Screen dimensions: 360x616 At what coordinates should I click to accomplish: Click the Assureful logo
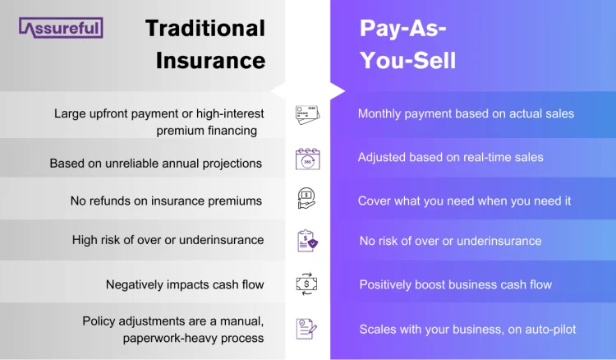(x=60, y=29)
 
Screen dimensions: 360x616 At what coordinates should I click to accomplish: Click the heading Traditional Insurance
(x=205, y=44)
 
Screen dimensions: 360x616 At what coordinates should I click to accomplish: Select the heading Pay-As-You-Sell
(x=408, y=44)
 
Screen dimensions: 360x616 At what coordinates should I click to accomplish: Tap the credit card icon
(x=307, y=115)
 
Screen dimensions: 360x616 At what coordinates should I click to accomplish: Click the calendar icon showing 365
(x=307, y=158)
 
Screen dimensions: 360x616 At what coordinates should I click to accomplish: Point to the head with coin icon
(x=307, y=200)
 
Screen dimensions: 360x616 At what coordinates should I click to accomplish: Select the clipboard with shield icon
(x=307, y=241)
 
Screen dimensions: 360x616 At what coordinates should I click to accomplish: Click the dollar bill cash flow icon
(x=307, y=284)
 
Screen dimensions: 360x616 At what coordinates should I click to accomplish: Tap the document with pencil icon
(x=307, y=329)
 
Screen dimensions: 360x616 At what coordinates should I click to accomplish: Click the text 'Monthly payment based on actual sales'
(x=466, y=113)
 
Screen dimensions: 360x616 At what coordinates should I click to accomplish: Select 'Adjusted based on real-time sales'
(x=450, y=157)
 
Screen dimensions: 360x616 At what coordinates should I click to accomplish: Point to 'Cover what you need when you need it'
(x=464, y=201)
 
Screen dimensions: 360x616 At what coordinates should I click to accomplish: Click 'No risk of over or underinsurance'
(x=450, y=241)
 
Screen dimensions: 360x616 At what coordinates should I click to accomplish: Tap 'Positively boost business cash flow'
(x=455, y=284)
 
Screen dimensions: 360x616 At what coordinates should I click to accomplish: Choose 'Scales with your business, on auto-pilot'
(x=467, y=329)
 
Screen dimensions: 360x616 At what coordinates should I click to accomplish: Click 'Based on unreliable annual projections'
(x=155, y=163)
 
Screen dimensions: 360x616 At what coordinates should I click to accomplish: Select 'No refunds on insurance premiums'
(x=168, y=201)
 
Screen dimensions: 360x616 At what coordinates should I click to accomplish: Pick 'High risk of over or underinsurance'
(x=168, y=240)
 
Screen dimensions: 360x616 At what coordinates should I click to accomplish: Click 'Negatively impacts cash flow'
(x=185, y=284)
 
